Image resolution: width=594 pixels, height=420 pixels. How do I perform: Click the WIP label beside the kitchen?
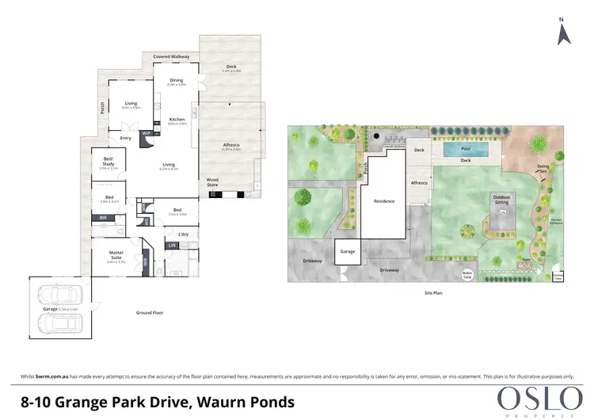(146, 133)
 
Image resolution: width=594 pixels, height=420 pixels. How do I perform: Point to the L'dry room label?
(182, 234)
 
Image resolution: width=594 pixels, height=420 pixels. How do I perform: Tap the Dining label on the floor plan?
(176, 81)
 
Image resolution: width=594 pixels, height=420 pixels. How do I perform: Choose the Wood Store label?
(212, 181)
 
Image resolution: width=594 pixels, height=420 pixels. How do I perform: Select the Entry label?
(126, 139)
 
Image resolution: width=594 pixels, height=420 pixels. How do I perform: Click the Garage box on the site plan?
(346, 250)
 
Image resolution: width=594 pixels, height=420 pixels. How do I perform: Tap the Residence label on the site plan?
(384, 201)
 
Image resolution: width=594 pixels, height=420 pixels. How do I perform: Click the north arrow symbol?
(562, 33)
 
